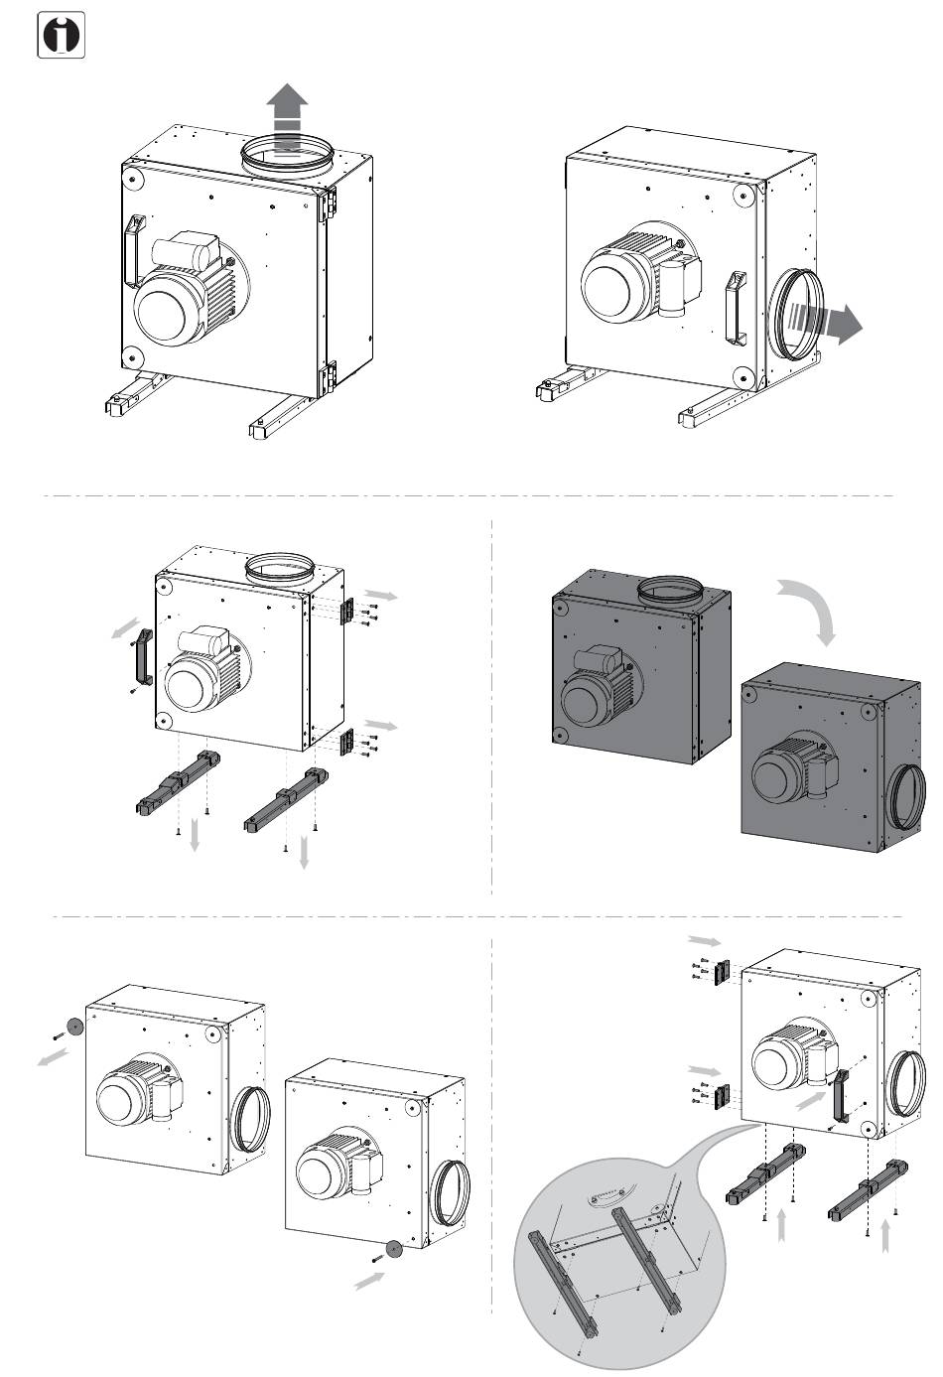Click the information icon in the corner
61,37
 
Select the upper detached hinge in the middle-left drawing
348,612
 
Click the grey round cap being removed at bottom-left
72,1027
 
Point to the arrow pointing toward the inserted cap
369,1281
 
